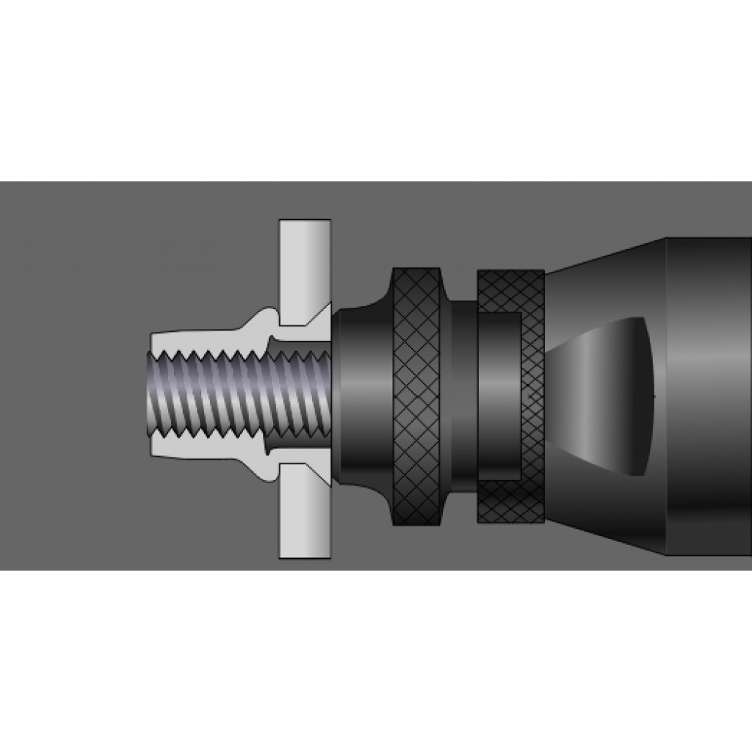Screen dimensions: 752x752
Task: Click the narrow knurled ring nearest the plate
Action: (416, 397)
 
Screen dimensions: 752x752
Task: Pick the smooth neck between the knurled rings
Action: (463, 397)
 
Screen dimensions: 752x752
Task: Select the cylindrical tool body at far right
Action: (709, 397)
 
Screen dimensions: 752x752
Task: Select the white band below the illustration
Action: (376, 661)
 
